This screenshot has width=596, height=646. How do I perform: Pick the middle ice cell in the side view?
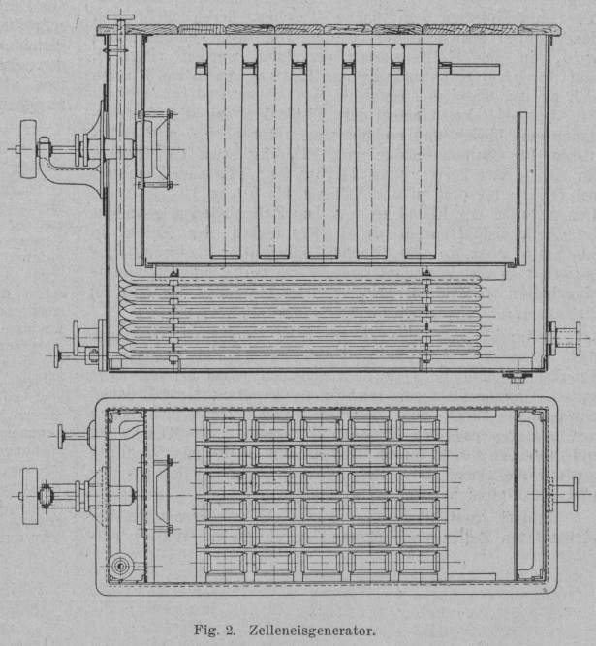pos(324,150)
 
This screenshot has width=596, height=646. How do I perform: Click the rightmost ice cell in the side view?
pos(421,150)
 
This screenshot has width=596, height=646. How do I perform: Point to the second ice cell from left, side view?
pos(274,150)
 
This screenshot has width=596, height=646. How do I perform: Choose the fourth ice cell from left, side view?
pos(372,150)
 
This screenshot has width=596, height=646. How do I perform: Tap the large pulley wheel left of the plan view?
pos(30,494)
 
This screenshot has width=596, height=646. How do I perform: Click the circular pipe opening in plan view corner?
pos(121,565)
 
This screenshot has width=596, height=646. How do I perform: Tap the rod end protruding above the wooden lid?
pos(119,17)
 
